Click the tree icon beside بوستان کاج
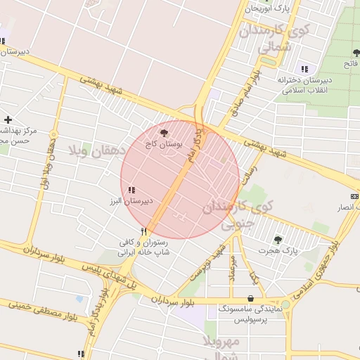tap(164, 131)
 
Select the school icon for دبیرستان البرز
tap(132, 189)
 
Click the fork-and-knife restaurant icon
tap(143, 231)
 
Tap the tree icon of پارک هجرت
tap(277, 240)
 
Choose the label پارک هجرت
tap(278, 250)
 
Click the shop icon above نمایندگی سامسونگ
tap(251, 298)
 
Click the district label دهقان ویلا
tap(97, 150)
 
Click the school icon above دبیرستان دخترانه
tap(304, 69)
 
